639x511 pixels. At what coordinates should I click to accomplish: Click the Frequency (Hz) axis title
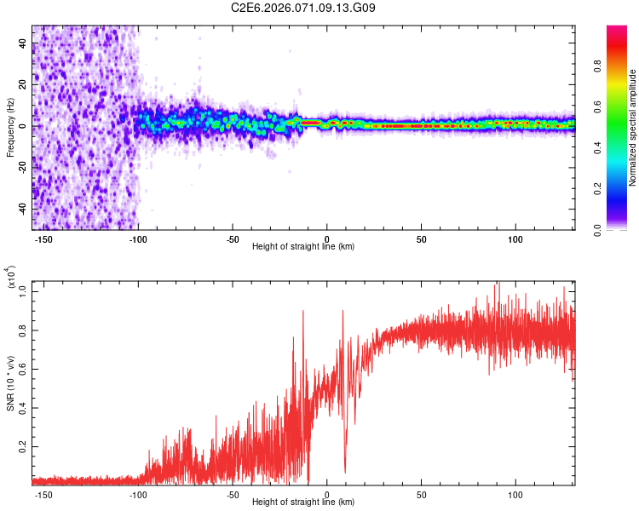(10, 127)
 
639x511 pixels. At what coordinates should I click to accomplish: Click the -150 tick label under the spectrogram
(43, 238)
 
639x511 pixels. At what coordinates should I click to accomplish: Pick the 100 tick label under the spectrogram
(515, 238)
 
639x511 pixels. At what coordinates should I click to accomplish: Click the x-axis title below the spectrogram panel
(303, 246)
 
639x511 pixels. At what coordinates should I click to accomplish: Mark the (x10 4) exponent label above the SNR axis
(11, 278)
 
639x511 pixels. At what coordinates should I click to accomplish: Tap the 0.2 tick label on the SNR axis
(22, 445)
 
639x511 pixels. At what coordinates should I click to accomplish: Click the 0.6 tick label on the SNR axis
(22, 368)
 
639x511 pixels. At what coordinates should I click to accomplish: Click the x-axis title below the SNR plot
(303, 502)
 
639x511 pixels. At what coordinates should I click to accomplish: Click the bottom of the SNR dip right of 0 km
(345, 471)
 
